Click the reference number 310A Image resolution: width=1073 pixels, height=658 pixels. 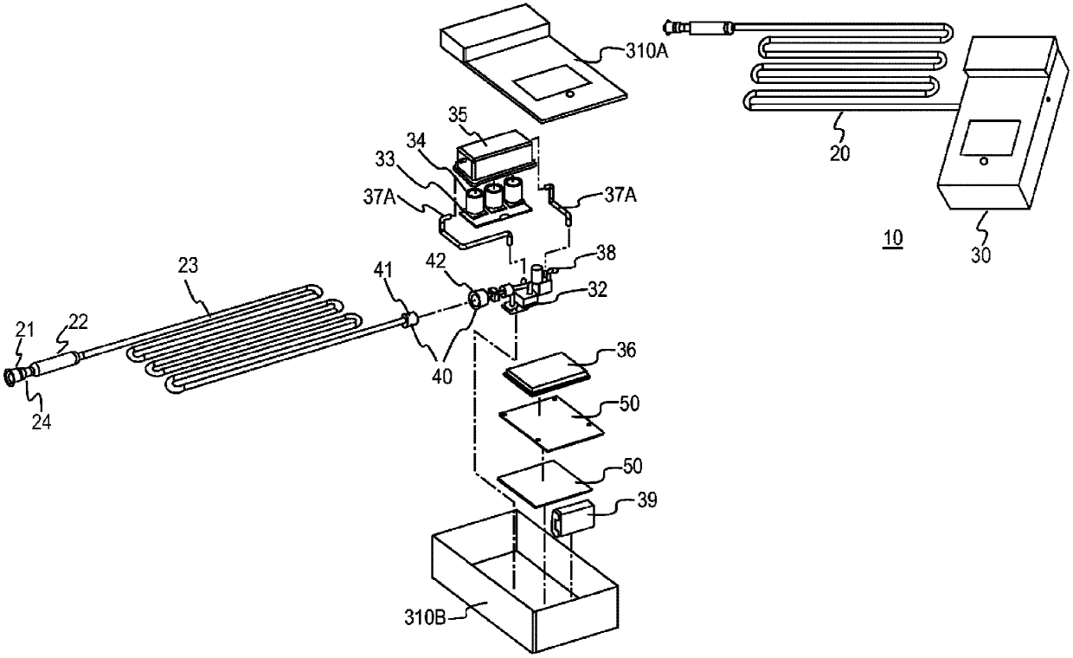[646, 51]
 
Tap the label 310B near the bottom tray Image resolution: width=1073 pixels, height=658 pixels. [425, 618]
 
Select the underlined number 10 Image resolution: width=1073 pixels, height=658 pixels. [893, 238]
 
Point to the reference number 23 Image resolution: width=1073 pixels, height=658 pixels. [188, 265]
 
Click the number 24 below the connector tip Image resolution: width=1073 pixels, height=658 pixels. [42, 422]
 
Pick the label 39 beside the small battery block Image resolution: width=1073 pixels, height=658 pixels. [646, 500]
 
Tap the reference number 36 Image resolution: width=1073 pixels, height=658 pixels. [626, 351]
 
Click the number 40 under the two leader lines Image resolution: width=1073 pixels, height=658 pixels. [441, 377]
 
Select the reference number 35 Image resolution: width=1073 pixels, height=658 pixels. [458, 115]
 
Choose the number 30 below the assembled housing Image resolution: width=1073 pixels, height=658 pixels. [980, 255]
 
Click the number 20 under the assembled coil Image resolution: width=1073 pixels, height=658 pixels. [839, 153]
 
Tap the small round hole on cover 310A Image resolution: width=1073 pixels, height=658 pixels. [569, 94]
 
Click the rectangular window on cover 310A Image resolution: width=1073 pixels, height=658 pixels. [551, 82]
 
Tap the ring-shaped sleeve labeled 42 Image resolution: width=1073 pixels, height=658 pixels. [477, 299]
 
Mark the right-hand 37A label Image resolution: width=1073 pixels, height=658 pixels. [620, 195]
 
